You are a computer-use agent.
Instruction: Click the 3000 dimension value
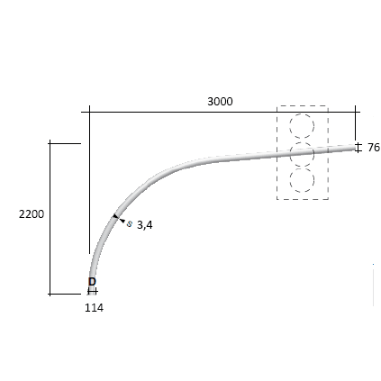220,101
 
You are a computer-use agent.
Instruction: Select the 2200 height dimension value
31,214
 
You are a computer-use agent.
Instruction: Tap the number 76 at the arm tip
373,147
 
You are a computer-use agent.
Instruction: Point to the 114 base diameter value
94,307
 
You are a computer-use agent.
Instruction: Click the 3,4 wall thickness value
144,225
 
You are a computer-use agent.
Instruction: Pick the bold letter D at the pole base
92,282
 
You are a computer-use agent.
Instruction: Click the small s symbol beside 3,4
130,223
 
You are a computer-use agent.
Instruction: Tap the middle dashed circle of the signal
302,153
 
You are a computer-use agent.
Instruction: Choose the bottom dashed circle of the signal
302,179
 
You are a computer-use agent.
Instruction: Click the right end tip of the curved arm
355,147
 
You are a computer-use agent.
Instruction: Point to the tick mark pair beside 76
358,146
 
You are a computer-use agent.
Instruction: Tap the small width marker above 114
92,291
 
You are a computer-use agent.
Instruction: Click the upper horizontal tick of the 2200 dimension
65,142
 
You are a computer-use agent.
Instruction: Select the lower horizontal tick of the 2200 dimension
65,294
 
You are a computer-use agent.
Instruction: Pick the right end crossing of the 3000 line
356,112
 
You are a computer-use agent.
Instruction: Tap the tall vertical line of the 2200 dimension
50,216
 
